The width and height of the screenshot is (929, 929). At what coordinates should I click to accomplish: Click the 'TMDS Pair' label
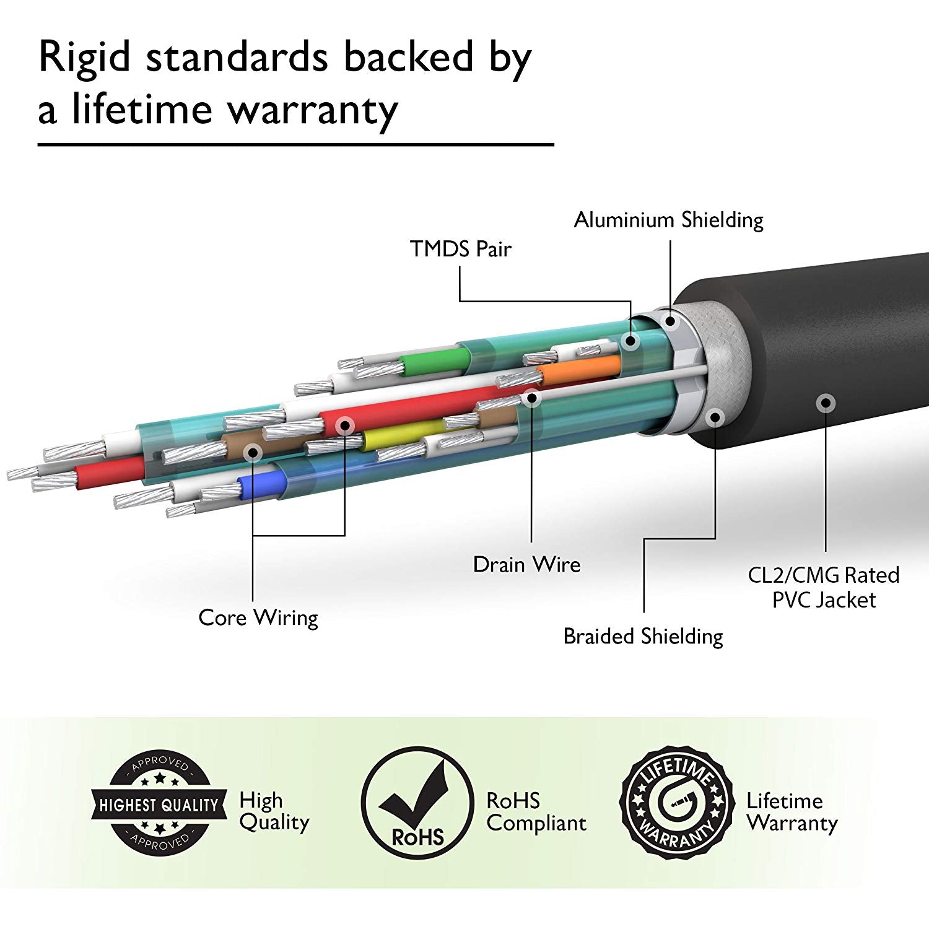460,249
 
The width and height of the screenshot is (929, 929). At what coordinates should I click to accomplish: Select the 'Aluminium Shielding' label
668,220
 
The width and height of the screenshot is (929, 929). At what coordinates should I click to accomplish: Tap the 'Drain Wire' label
526,564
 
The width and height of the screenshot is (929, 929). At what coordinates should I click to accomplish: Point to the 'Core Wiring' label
258,617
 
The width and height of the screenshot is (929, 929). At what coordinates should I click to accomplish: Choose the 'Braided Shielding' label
643,636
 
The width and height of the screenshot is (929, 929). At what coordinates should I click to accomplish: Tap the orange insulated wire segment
578,369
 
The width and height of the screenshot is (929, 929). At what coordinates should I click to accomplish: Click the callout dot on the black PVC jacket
824,403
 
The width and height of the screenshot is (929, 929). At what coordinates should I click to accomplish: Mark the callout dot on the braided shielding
715,417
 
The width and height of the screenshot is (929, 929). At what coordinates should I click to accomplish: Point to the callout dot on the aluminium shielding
669,321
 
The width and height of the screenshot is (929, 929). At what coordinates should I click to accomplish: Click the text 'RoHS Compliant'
536,812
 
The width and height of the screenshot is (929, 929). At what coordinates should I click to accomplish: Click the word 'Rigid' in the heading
85,58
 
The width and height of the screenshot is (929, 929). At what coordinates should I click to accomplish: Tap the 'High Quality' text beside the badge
274,811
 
